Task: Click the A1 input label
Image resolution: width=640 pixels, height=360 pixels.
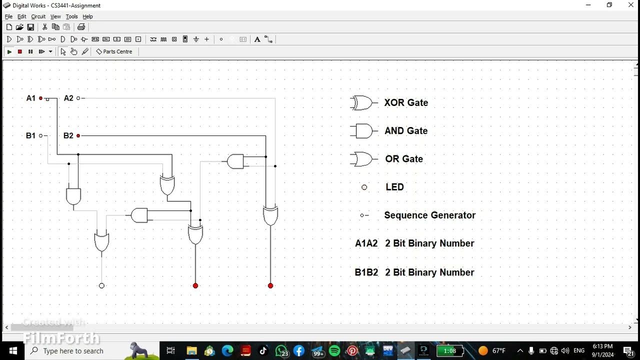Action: pos(31,98)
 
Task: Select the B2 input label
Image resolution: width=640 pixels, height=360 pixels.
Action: pos(68,135)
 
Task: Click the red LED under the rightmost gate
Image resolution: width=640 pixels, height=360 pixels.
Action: pos(270,286)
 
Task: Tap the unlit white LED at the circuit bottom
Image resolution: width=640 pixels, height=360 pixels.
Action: pos(101,286)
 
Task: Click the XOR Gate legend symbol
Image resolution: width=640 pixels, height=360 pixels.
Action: pos(362,103)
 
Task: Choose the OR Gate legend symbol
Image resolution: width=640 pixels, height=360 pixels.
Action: pos(362,159)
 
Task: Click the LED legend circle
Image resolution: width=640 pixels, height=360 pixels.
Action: pos(364,187)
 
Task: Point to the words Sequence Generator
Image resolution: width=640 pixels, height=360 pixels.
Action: pos(429,215)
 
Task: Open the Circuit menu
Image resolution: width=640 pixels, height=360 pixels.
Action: pos(38,16)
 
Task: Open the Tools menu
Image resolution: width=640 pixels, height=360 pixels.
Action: pos(71,16)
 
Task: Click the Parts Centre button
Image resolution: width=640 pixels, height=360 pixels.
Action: pos(114,51)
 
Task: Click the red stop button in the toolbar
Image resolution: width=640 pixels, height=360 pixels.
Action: pos(20,51)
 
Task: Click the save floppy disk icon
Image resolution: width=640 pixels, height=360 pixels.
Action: pos(30,27)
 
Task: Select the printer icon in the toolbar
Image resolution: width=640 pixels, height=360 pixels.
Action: pos(81,27)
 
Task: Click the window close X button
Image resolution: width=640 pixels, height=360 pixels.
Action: pos(631,5)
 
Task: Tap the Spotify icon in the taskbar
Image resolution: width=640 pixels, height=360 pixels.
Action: pos(334,351)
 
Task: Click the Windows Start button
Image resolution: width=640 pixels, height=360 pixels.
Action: pos(12,351)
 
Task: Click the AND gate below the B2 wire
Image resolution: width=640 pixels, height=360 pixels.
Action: pos(235,161)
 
